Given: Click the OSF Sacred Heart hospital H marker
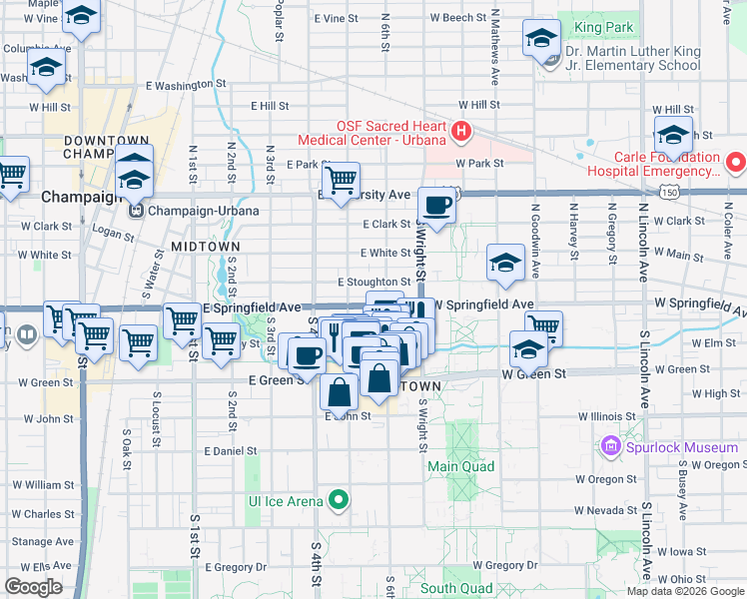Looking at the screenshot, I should [x=460, y=131].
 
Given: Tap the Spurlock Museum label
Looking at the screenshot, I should [x=683, y=447].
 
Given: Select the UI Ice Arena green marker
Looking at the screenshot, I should [x=340, y=499].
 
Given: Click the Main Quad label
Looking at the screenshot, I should [x=461, y=465].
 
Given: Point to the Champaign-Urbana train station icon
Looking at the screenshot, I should [x=134, y=211].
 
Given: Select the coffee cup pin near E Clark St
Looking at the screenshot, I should [x=436, y=206].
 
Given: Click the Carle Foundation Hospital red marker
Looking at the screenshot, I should [x=736, y=161].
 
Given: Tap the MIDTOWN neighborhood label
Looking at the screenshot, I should [x=205, y=246].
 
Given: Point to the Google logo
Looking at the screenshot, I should [x=33, y=587].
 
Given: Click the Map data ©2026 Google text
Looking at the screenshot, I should [x=684, y=590].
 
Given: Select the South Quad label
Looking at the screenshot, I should [x=455, y=588].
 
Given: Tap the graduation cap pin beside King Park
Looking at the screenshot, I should [x=541, y=39].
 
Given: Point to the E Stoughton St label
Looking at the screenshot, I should [x=373, y=283].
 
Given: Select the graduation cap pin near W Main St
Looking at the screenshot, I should [x=506, y=263].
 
